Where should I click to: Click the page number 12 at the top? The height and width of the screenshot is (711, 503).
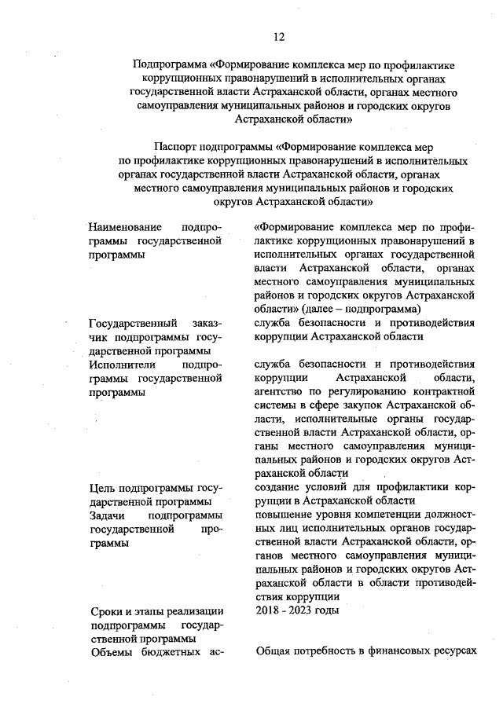click(x=279, y=37)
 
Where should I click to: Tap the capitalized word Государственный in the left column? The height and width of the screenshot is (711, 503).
click(x=134, y=323)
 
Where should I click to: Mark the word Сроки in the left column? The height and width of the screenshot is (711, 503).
click(x=107, y=611)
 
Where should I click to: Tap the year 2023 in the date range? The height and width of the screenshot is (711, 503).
click(x=303, y=611)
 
